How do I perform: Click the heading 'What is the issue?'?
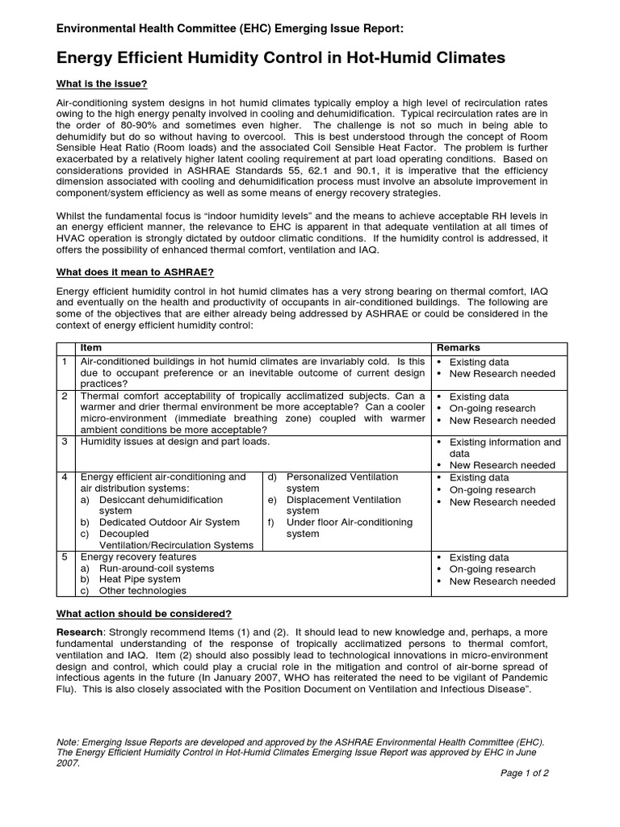[x=101, y=85]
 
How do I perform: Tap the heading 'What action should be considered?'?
[x=144, y=614]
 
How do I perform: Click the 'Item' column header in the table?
[x=91, y=347]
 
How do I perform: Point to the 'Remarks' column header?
[x=458, y=347]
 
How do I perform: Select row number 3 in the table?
[x=65, y=443]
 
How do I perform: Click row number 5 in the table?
[x=65, y=557]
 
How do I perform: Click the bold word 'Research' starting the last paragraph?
[x=79, y=632]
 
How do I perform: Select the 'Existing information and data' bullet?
[x=505, y=448]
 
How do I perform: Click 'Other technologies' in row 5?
[x=144, y=591]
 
